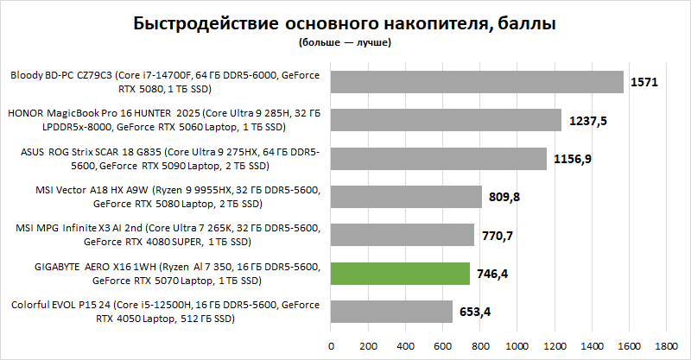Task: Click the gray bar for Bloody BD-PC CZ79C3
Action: pyautogui.click(x=477, y=81)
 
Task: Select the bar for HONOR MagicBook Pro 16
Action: pyautogui.click(x=446, y=120)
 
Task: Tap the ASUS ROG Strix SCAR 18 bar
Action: pyautogui.click(x=439, y=158)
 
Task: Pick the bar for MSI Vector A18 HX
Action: pyautogui.click(x=406, y=197)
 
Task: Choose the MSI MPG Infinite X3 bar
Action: pyautogui.click(x=403, y=235)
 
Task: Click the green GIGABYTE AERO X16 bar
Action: pyautogui.click(x=400, y=274)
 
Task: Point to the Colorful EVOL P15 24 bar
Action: pyautogui.click(x=391, y=312)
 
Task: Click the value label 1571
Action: pyautogui.click(x=644, y=82)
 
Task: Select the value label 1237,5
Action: pyautogui.click(x=589, y=121)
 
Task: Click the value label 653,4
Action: pyautogui.click(x=476, y=313)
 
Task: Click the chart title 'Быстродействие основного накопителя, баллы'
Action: pyautogui.click(x=345, y=24)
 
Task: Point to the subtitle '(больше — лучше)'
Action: pyautogui.click(x=345, y=41)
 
